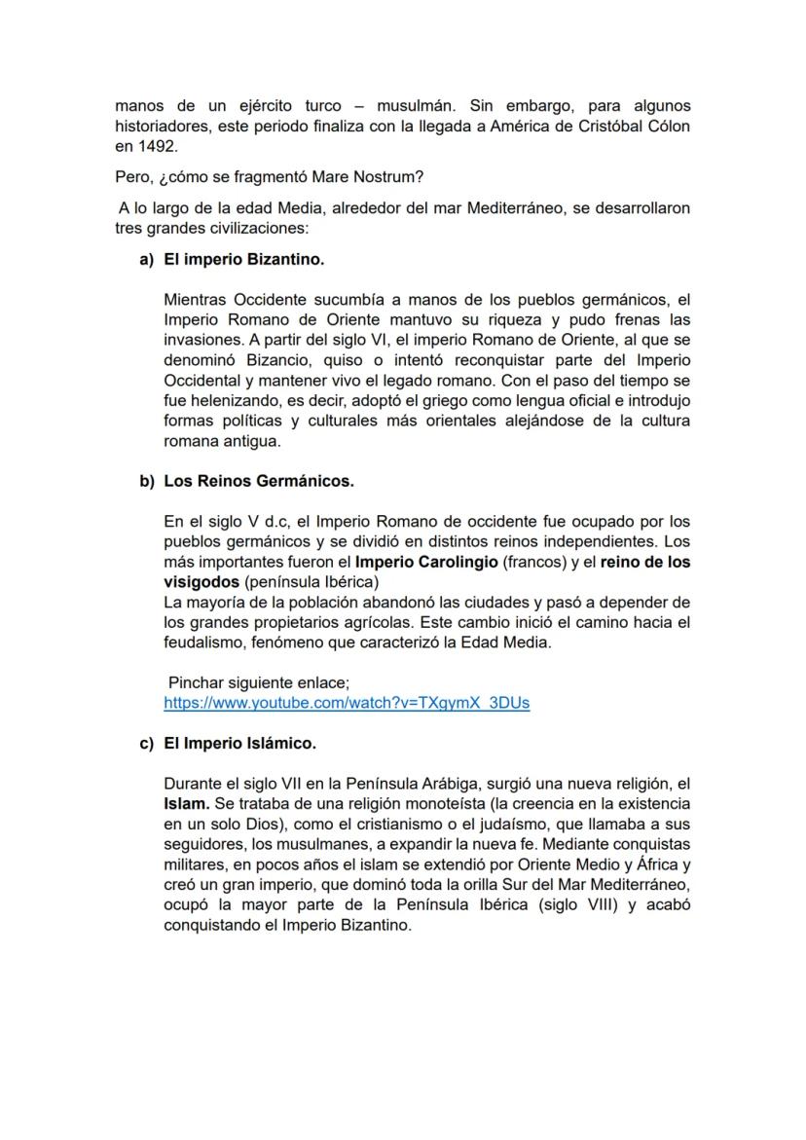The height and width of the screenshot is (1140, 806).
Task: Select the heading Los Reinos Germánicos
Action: click(259, 481)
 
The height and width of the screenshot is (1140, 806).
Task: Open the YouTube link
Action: click(347, 703)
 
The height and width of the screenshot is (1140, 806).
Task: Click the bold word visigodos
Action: click(201, 582)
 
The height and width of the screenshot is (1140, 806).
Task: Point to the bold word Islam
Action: click(186, 805)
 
